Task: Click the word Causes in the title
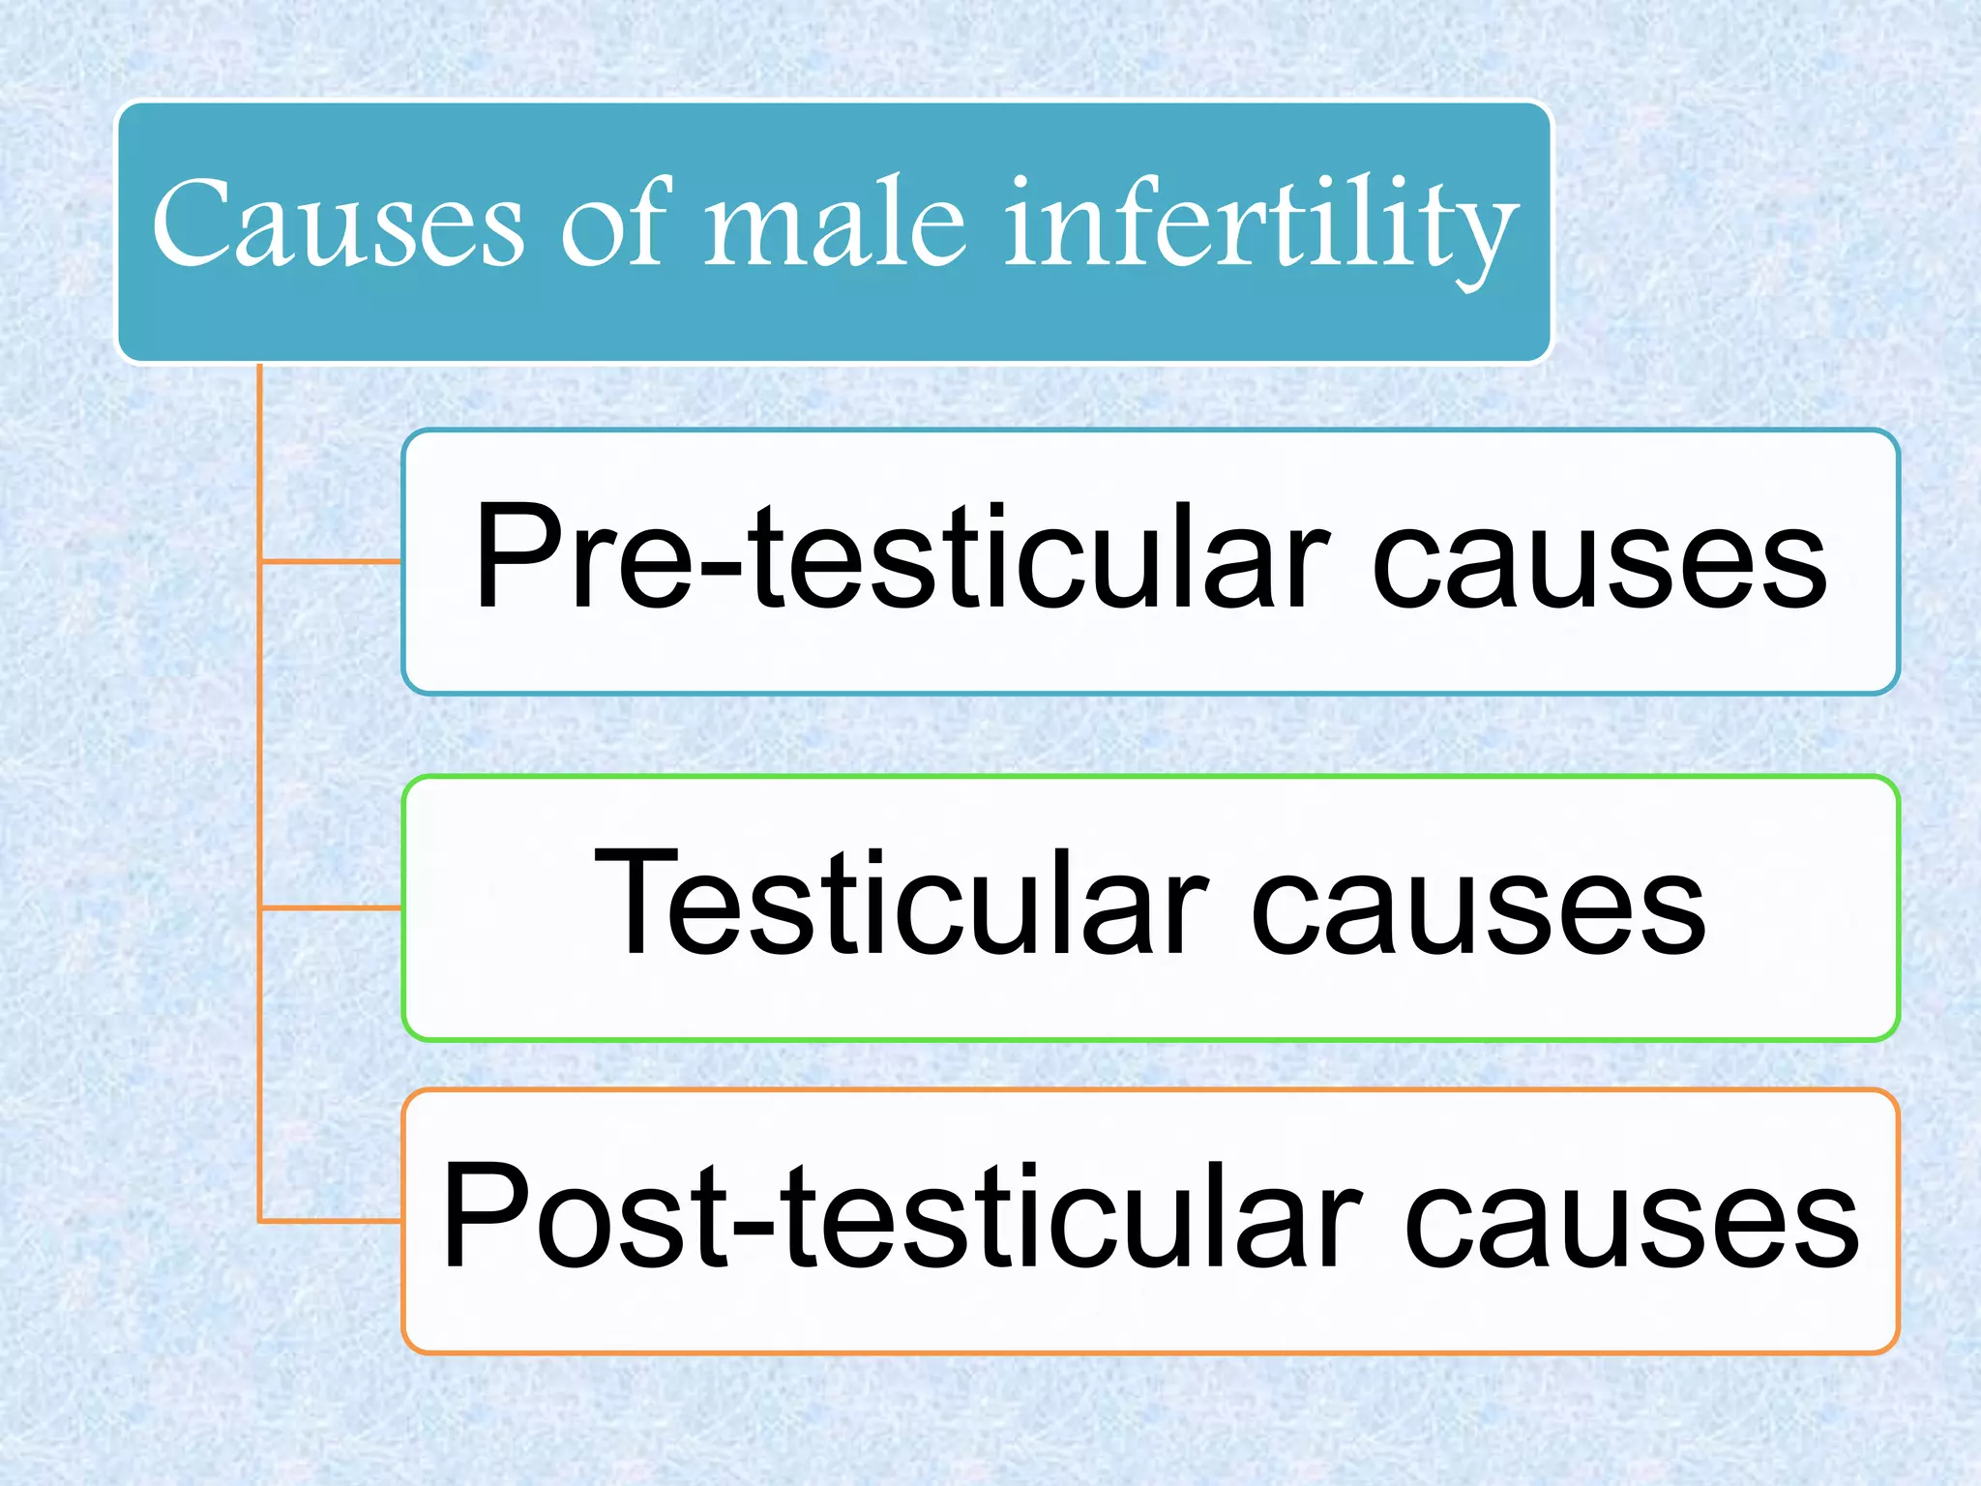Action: pyautogui.click(x=338, y=223)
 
